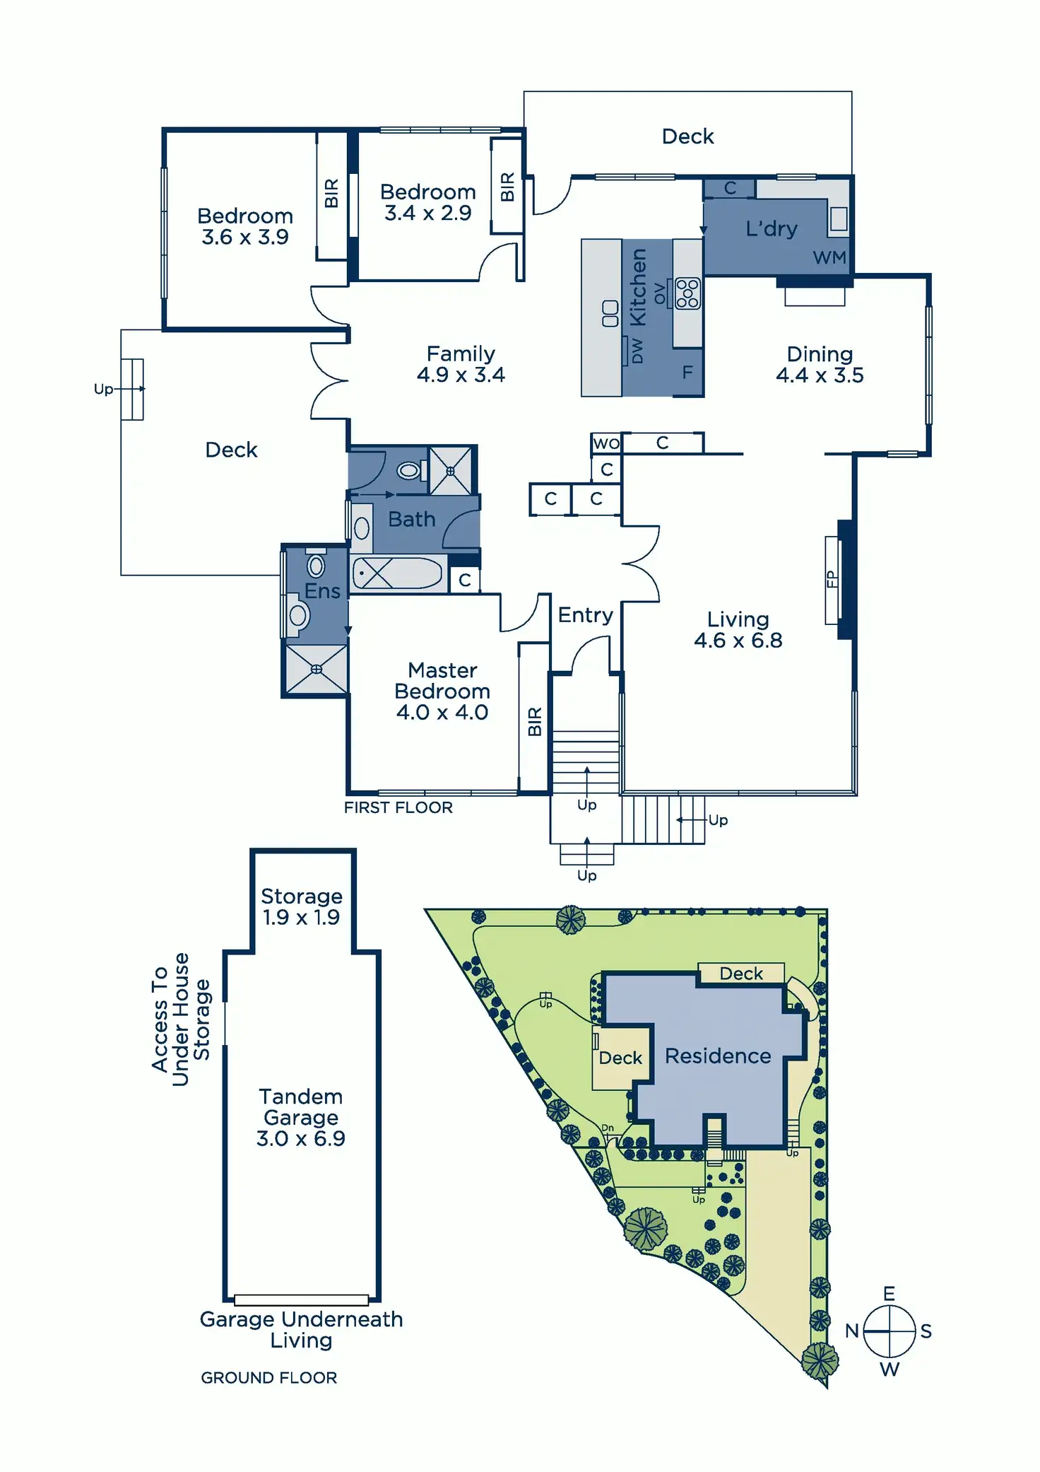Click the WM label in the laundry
click(x=829, y=258)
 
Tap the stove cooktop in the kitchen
click(x=687, y=294)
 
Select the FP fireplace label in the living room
click(x=832, y=579)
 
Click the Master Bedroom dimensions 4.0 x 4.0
click(x=442, y=713)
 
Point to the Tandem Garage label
click(x=301, y=1107)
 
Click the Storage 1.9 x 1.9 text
click(x=302, y=907)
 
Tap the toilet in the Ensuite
click(x=297, y=614)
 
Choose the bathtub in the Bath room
click(x=398, y=573)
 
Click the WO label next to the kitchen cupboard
click(x=606, y=444)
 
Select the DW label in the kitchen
click(x=637, y=350)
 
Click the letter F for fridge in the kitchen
click(x=687, y=373)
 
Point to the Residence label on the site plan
click(x=718, y=1056)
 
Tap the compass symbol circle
click(x=889, y=1331)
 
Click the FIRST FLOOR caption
click(x=398, y=807)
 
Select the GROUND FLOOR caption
click(x=269, y=1378)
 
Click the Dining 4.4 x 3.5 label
click(x=820, y=365)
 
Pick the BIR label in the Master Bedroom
click(x=535, y=721)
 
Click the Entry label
click(x=586, y=615)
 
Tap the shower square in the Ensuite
click(x=316, y=669)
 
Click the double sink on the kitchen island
click(x=610, y=314)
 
